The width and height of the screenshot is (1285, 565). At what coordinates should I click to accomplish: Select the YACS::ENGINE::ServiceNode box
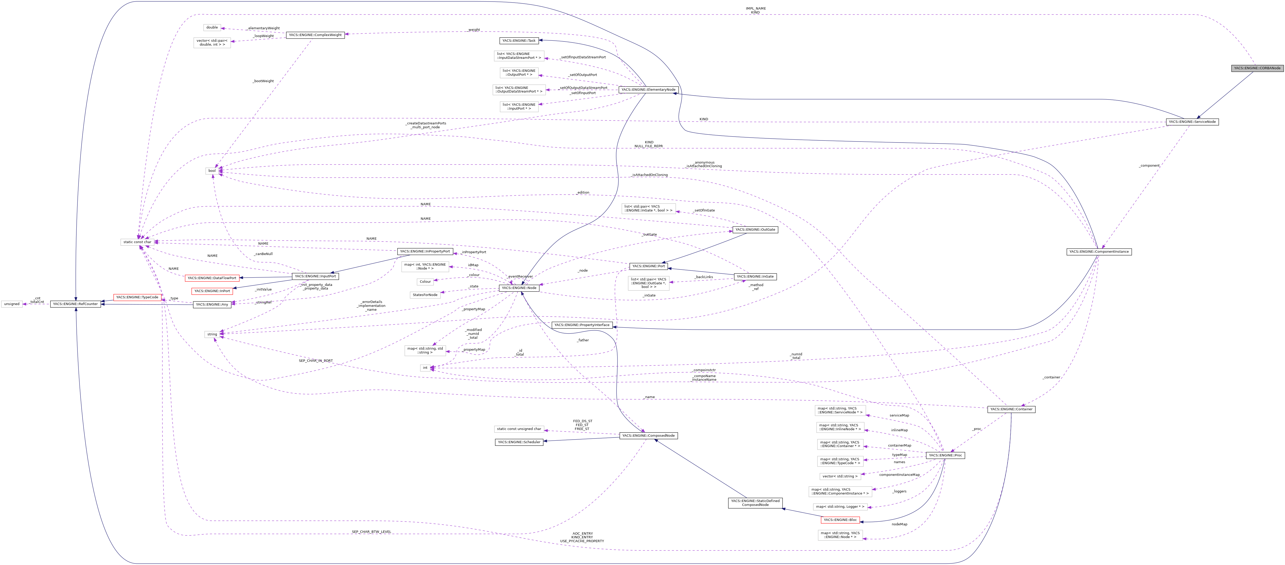pos(1192,122)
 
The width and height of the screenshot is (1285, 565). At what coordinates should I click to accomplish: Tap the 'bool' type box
pos(212,171)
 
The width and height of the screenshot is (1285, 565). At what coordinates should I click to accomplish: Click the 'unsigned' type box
pos(11,304)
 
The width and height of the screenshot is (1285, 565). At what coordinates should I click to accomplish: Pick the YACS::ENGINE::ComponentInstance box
pos(1099,252)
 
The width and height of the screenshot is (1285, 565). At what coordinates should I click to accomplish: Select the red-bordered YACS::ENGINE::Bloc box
pos(840,520)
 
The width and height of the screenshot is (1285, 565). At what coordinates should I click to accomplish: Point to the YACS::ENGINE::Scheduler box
pos(519,442)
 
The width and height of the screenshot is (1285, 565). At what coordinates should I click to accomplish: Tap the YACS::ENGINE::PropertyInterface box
pos(582,325)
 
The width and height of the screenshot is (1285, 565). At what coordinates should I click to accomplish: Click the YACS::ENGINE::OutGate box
pos(755,230)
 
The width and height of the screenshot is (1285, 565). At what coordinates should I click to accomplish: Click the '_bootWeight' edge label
pos(263,81)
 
